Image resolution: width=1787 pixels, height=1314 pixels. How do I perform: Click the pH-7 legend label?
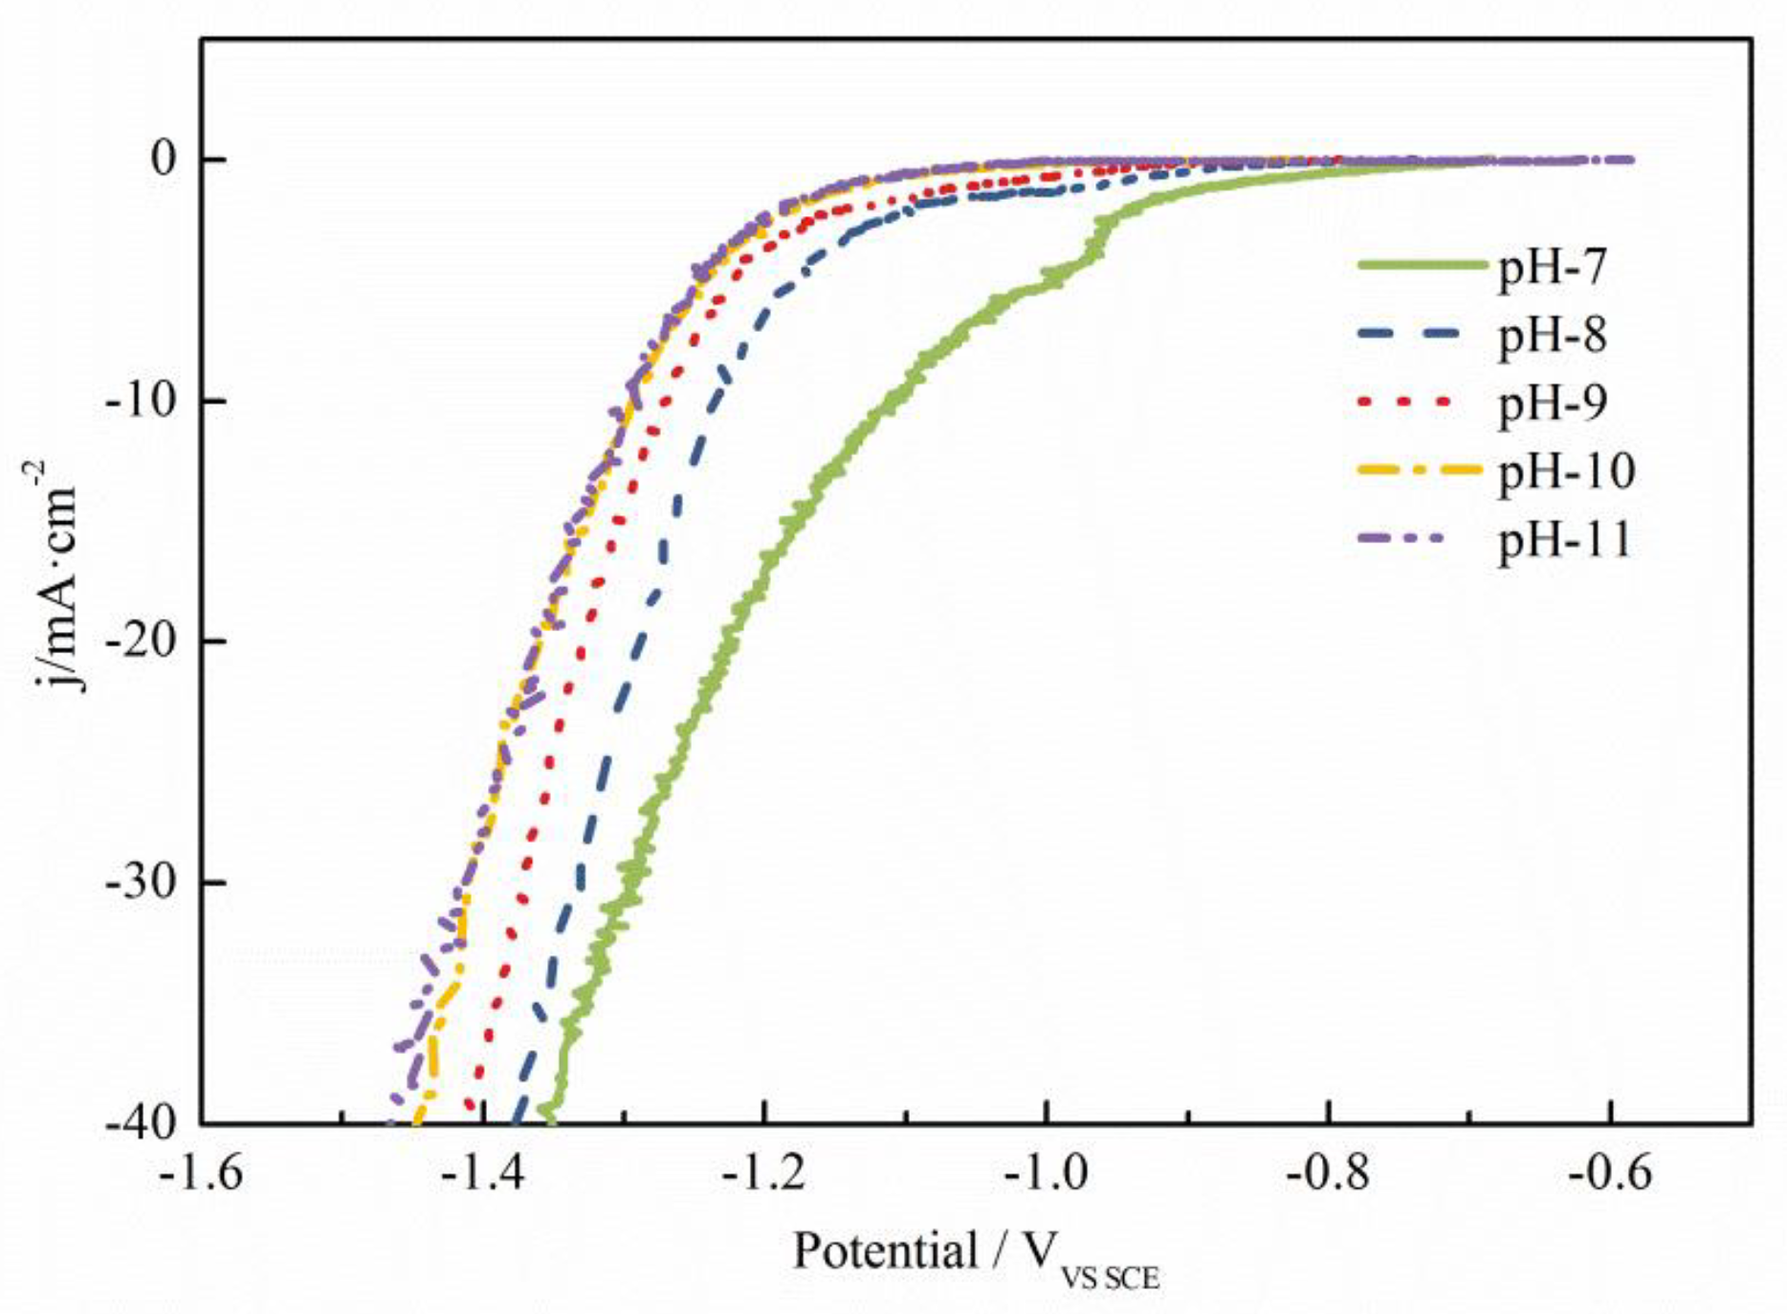[1551, 269]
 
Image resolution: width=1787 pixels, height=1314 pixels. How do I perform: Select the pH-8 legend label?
[1551, 336]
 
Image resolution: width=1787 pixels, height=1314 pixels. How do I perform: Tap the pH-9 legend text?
[1551, 404]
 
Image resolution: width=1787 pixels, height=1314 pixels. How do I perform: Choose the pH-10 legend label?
[1565, 471]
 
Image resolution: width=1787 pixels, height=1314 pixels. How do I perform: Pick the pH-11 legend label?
[1565, 540]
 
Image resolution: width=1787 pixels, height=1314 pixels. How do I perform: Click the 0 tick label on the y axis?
[165, 159]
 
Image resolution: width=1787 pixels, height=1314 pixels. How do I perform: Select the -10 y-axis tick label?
[140, 400]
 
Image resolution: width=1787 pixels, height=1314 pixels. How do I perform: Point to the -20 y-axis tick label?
[140, 641]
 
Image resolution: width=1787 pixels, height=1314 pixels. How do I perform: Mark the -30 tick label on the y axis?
[140, 882]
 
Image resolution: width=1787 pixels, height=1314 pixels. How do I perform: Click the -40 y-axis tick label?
[140, 1122]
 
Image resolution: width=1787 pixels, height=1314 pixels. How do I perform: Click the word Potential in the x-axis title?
[885, 1251]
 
